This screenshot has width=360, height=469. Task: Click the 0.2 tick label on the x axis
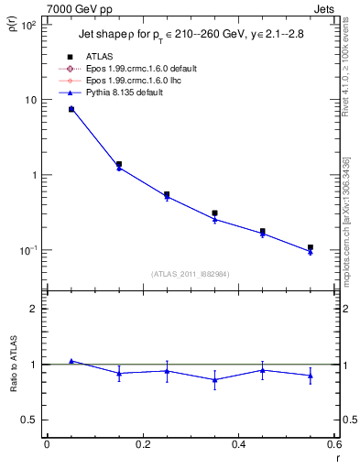142,444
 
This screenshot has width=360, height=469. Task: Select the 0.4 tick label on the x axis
238,444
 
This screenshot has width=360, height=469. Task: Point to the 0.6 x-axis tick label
333,444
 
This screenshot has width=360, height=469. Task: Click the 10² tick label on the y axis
27,25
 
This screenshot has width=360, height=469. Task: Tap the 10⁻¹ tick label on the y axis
27,250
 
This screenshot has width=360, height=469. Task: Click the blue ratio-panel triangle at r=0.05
71,361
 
